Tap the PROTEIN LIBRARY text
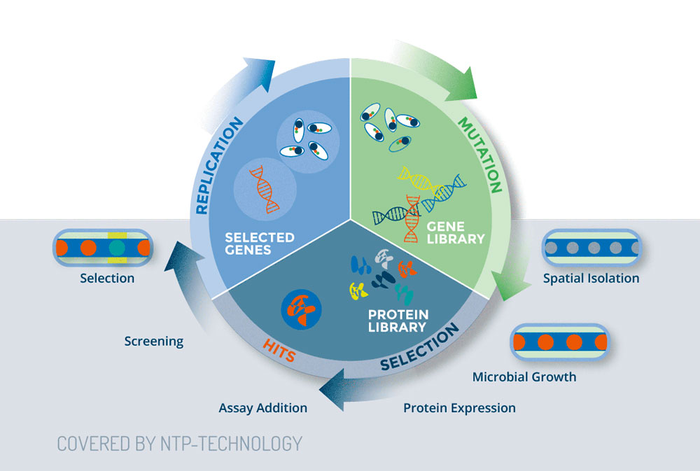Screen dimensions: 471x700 (399, 321)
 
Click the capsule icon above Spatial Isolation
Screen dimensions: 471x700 (591, 248)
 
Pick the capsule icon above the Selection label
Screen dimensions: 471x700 (102, 248)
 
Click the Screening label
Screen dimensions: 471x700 (153, 342)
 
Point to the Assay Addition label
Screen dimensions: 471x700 (262, 407)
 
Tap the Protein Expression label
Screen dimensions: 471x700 (459, 407)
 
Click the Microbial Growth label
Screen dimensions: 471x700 (524, 377)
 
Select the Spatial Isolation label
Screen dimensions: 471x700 (591, 279)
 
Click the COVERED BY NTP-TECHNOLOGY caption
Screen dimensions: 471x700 (179, 443)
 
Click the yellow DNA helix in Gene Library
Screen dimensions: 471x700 (419, 181)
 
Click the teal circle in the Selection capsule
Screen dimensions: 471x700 (117, 248)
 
